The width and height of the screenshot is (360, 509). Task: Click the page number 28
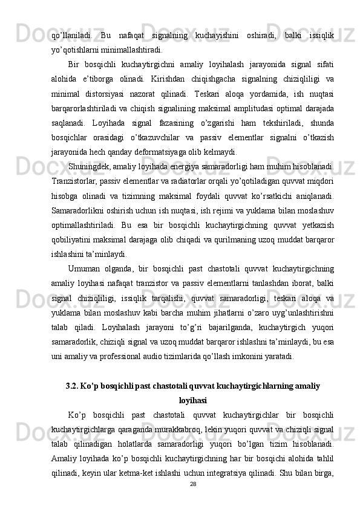[x=194, y=484]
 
